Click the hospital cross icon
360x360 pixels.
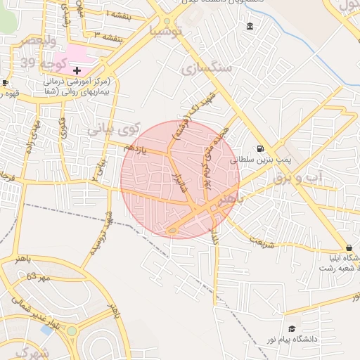pos(77,70)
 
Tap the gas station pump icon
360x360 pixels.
pos(262,148)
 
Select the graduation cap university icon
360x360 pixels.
pos(292,328)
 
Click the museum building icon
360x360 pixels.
pos(250,27)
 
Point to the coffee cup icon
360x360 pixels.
pos(5,83)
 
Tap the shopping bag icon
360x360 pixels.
pos(349,247)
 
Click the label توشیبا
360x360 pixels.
pos(166,30)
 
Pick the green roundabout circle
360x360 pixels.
pos(72,330)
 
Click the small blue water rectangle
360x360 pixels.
pos(46,329)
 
